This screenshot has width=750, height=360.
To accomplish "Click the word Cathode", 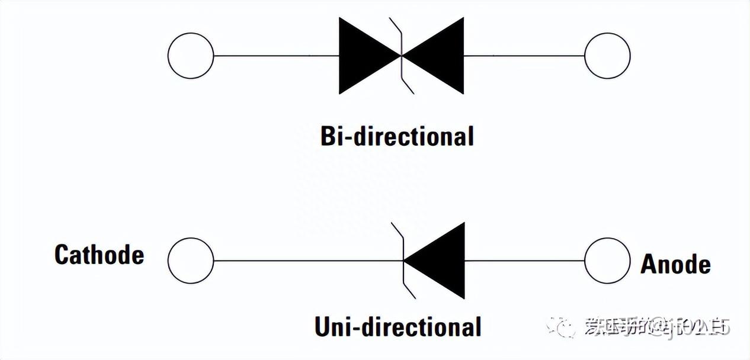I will click(99, 255).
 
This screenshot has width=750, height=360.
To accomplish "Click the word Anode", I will click(675, 264).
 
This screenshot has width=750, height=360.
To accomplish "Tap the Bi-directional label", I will click(397, 137).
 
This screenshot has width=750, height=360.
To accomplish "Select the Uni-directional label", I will click(398, 327).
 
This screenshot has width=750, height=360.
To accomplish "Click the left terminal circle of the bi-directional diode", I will click(190, 56).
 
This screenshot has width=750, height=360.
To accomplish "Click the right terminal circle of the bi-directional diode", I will click(607, 56).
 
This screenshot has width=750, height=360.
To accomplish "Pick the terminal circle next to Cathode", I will click(190, 261).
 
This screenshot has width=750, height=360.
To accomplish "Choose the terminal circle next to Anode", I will click(607, 261).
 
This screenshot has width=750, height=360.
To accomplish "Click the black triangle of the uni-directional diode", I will click(441, 261).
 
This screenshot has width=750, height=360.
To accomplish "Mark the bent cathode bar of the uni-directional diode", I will click(403, 261).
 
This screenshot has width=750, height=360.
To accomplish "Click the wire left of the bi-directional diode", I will click(275, 56).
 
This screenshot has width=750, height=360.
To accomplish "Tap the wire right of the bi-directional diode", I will click(524, 56).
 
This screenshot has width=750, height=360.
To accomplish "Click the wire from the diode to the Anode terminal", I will click(524, 261).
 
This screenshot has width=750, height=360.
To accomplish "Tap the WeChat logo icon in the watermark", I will click(560, 326).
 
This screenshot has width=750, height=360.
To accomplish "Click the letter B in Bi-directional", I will click(328, 137).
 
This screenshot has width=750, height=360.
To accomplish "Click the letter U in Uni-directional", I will click(323, 327).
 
